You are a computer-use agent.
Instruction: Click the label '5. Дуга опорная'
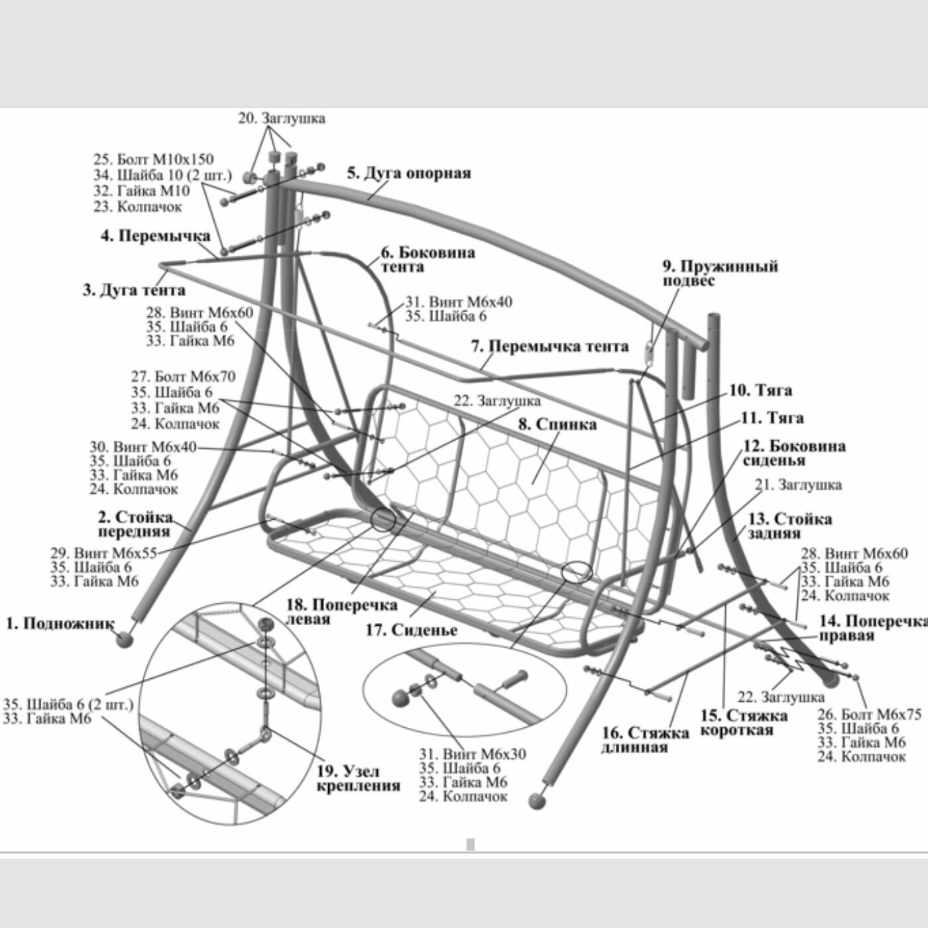pos(409,174)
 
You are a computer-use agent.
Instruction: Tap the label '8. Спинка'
pos(557,424)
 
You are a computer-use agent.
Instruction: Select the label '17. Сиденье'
pos(411,630)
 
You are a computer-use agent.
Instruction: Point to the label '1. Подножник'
pos(60,624)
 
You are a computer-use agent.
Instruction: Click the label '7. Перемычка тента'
pos(550,347)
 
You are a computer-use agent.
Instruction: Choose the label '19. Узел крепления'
pos(358,779)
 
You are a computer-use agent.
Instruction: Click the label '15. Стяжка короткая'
pos(744,723)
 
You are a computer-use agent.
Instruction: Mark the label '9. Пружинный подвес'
pos(720,274)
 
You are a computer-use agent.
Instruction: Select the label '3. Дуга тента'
pos(134,290)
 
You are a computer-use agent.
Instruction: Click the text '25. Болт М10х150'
pos(154,160)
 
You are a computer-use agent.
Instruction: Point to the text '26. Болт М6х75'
pos(869,715)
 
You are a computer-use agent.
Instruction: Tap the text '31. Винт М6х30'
pos(472,754)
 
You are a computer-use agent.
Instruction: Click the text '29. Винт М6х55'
pos(103,553)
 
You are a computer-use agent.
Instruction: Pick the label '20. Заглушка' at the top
pos(282,119)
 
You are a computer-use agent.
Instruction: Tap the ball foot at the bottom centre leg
pos(538,801)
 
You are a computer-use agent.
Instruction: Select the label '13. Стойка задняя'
pos(789,526)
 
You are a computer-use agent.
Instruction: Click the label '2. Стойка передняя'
pos(135,524)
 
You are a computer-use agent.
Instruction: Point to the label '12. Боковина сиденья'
pos(793,453)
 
